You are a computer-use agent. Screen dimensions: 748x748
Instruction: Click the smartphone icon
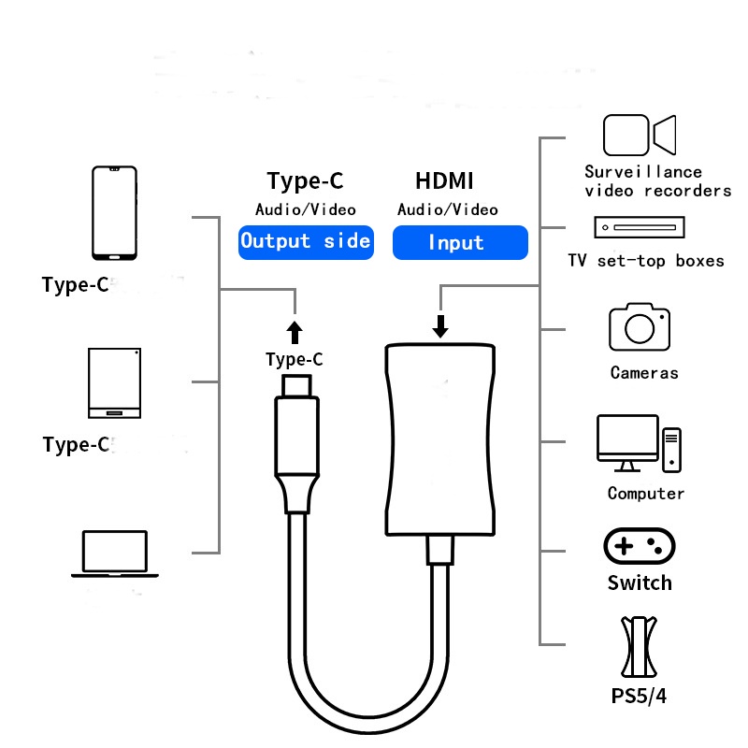click(114, 213)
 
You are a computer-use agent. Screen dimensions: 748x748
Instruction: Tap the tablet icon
click(114, 383)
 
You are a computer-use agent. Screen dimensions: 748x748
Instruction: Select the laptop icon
click(114, 554)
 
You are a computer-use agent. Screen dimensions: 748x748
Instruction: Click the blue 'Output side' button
click(306, 242)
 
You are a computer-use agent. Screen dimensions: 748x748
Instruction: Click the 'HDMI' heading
click(444, 180)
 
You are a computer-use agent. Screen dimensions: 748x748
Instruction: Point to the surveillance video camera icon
click(640, 135)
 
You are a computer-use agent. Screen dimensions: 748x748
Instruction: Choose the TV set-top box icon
click(640, 227)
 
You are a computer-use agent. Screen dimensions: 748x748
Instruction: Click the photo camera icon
click(640, 327)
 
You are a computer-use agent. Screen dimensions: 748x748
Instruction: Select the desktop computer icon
click(639, 443)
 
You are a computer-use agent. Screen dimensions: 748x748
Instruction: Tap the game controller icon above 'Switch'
click(640, 546)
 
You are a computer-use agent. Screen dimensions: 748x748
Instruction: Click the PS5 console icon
click(639, 647)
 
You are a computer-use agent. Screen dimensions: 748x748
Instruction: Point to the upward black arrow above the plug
click(295, 333)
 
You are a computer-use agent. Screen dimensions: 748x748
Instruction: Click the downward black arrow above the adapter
click(440, 326)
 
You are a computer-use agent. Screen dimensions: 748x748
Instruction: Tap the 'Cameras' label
click(644, 372)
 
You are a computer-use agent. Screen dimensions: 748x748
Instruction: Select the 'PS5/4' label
click(639, 696)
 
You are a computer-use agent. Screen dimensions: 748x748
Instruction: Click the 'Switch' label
click(640, 583)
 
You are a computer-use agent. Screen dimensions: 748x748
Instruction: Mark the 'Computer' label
click(646, 494)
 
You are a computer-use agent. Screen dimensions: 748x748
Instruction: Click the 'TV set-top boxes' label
click(646, 261)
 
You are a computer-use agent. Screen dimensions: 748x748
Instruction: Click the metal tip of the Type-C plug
click(296, 386)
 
